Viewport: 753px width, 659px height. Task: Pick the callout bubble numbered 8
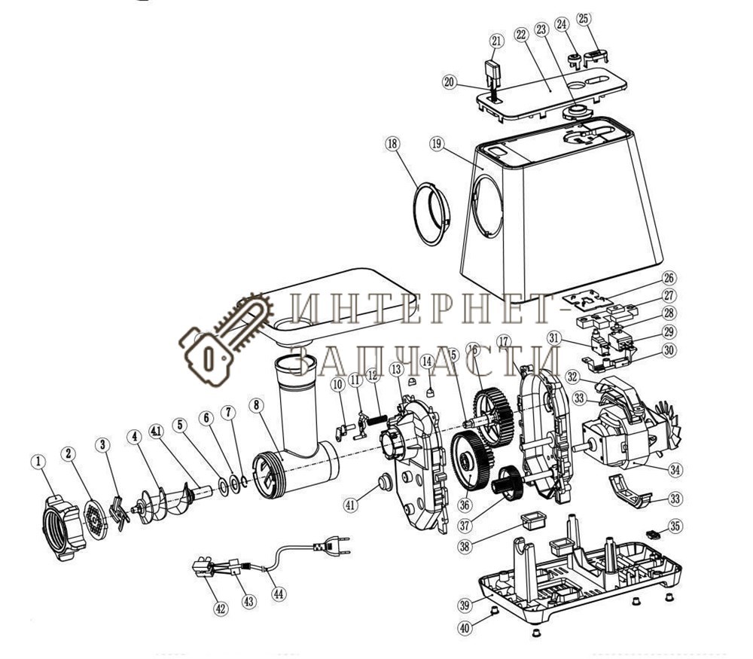click(x=258, y=405)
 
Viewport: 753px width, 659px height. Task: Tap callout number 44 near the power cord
click(x=279, y=593)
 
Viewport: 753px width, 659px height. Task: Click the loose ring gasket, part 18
click(x=431, y=213)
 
